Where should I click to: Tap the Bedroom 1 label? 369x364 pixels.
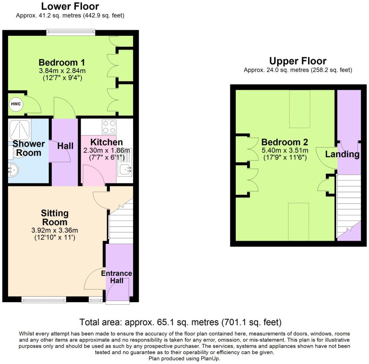tap(61, 62)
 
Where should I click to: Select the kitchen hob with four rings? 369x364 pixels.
tap(109, 127)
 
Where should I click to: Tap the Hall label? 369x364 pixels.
tap(65, 146)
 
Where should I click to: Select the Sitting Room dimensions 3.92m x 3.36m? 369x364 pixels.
tap(54, 230)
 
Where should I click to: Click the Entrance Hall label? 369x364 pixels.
tap(116, 277)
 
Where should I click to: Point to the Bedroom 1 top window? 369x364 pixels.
tap(71, 32)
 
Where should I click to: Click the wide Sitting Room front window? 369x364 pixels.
tap(44, 300)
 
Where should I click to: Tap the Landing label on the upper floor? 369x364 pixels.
tap(342, 154)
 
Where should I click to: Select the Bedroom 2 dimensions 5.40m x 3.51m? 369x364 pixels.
tap(285, 151)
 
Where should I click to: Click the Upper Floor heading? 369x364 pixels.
tap(298, 61)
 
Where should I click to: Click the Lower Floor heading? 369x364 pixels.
tap(70, 6)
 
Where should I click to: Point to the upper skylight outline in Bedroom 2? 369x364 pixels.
tap(300, 109)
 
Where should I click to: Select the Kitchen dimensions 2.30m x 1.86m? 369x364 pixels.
tap(107, 150)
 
